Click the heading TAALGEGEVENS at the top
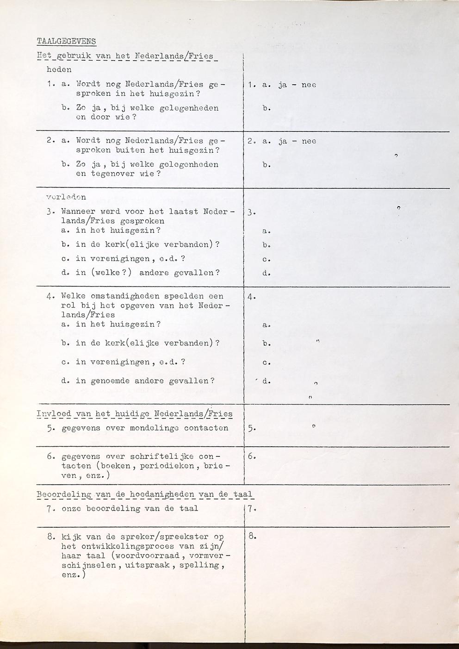66,41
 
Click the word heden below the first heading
59,70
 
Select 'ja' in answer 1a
283,85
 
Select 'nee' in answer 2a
309,141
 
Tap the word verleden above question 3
66,197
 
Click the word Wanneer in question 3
76,212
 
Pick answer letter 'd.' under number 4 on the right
266,381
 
